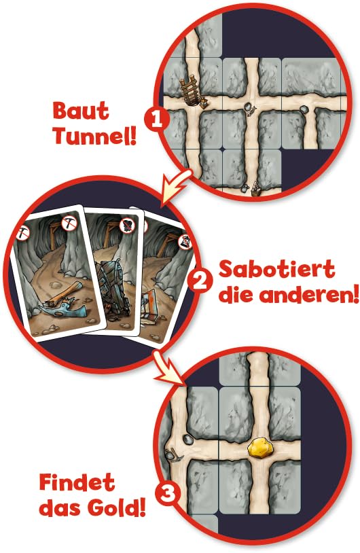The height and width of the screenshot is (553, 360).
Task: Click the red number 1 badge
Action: pyautogui.click(x=158, y=121)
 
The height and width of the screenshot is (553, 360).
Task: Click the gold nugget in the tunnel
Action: pyautogui.click(x=261, y=448)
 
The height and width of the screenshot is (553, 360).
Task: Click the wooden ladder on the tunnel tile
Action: pyautogui.click(x=192, y=91)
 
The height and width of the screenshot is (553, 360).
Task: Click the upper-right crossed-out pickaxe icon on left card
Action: pyautogui.click(x=68, y=221)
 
